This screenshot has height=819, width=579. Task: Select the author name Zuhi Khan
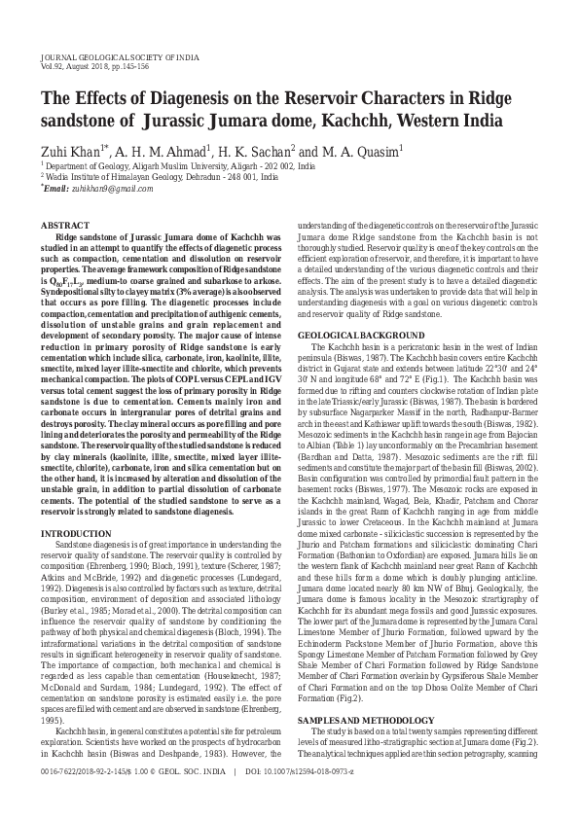click(72, 152)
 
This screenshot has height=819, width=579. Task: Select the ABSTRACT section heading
click(64, 225)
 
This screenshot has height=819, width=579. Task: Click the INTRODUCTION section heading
click(76, 560)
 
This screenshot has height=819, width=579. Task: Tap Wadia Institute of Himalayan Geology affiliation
click(104, 177)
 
